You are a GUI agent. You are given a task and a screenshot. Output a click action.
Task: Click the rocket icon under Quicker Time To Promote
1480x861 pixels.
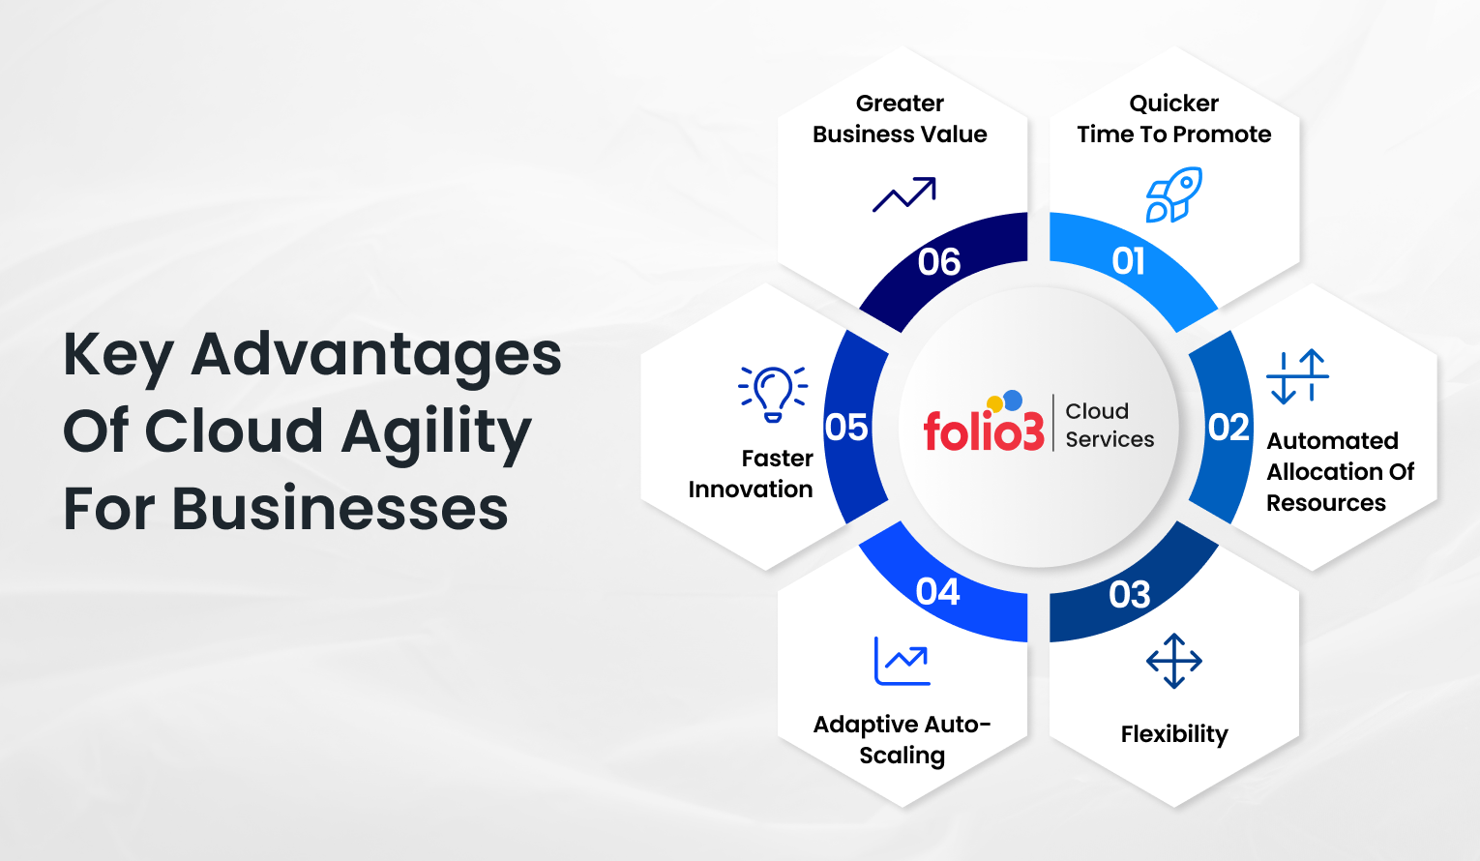pos(1173,194)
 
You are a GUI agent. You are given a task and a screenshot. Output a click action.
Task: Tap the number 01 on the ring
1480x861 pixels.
pos(1128,261)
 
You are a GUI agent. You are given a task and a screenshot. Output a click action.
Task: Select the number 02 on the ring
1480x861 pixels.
pos(1228,428)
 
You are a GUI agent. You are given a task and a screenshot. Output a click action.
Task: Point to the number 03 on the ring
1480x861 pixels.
pos(1129,594)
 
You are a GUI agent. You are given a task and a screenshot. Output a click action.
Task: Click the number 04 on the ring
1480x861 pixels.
pos(937,591)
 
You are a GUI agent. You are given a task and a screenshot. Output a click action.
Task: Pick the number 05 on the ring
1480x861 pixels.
pos(846,428)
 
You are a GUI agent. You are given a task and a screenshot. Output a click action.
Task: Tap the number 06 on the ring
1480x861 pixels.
pos(938,262)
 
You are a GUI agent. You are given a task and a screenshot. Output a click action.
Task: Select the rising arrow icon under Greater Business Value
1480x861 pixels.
pos(903,194)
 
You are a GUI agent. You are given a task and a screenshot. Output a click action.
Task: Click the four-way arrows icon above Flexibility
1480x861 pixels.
pos(1173,661)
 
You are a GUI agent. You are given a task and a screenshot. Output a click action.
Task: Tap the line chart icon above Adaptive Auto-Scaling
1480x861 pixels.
pos(902,661)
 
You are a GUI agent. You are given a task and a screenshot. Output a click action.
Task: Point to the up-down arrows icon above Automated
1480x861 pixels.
pos(1297,376)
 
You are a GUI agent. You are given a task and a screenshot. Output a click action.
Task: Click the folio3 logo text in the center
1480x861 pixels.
pos(983,430)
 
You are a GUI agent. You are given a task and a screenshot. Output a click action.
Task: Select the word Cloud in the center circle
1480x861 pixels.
pos(1097,411)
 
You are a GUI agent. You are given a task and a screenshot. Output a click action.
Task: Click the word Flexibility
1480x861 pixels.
pos(1173,734)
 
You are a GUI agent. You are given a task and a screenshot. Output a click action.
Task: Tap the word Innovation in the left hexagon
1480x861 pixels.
pos(751,490)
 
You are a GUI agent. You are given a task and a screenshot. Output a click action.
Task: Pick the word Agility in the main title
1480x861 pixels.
pos(436,432)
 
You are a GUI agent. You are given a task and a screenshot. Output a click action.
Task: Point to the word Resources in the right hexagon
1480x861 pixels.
pos(1325,503)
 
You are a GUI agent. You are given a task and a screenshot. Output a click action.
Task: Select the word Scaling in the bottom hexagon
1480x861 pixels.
pos(902,756)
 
